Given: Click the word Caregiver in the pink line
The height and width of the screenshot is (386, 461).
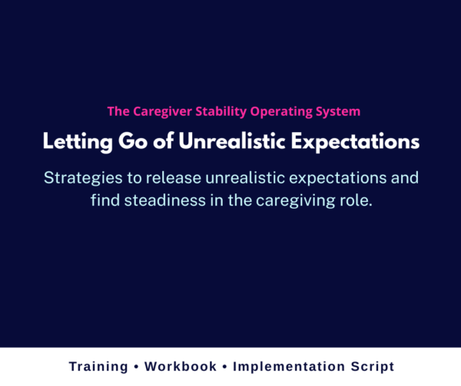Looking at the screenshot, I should [156, 111].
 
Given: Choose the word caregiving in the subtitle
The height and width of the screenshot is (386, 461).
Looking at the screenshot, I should [291, 203].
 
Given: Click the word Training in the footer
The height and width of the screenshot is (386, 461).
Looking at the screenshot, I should [98, 367].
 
